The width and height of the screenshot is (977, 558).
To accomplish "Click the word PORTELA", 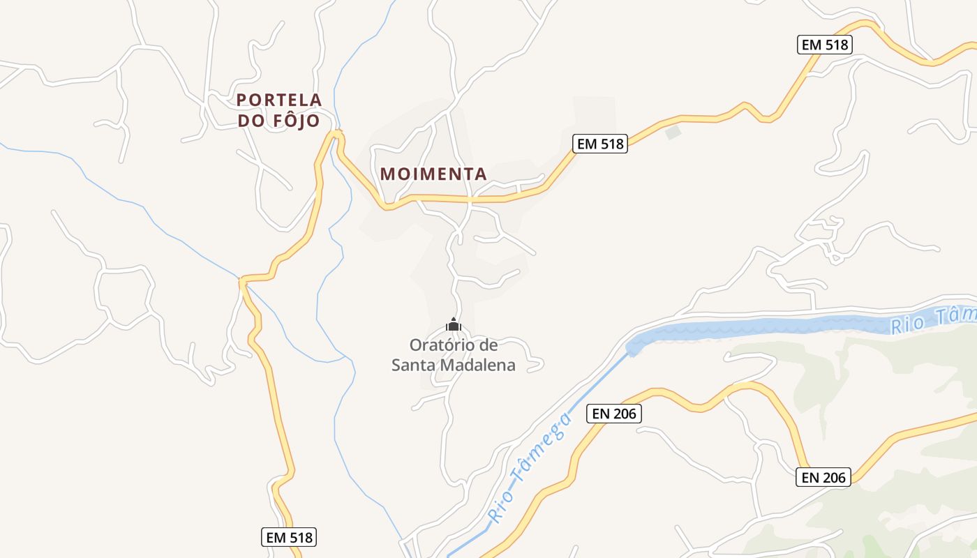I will [x=279, y=100].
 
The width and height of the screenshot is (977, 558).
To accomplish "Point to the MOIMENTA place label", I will [x=433, y=174].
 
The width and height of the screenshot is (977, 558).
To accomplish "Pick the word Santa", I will [x=412, y=365].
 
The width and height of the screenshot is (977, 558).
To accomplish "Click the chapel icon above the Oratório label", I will [x=454, y=325].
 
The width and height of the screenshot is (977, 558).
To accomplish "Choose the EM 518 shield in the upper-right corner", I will [x=825, y=45].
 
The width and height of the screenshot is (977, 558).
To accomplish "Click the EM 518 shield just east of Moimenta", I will [x=600, y=144].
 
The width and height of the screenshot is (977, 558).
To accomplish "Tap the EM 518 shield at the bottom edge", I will [x=290, y=537].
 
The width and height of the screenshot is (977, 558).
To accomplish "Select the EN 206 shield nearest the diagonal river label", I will [x=613, y=414].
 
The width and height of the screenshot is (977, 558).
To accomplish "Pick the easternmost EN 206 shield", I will [x=823, y=477].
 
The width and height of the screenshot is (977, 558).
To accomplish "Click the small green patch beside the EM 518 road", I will [x=673, y=132].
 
